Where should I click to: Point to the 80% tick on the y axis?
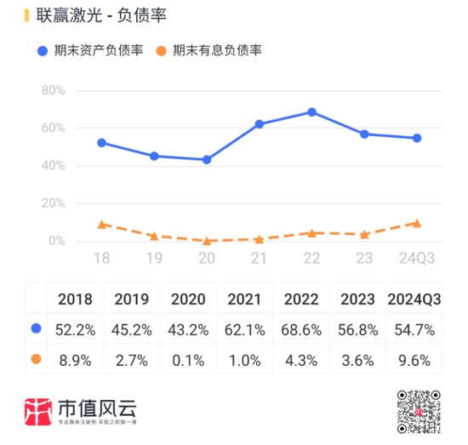(x=54, y=90)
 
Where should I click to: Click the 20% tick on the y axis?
(x=54, y=204)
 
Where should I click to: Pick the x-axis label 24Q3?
(x=417, y=259)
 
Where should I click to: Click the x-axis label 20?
(x=207, y=259)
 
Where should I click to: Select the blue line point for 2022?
(x=312, y=112)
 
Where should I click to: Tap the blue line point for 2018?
(x=102, y=143)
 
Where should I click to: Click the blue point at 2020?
(x=207, y=160)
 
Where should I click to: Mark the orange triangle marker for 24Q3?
(x=417, y=223)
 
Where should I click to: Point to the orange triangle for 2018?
(x=102, y=225)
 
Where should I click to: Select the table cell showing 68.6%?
(x=300, y=328)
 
